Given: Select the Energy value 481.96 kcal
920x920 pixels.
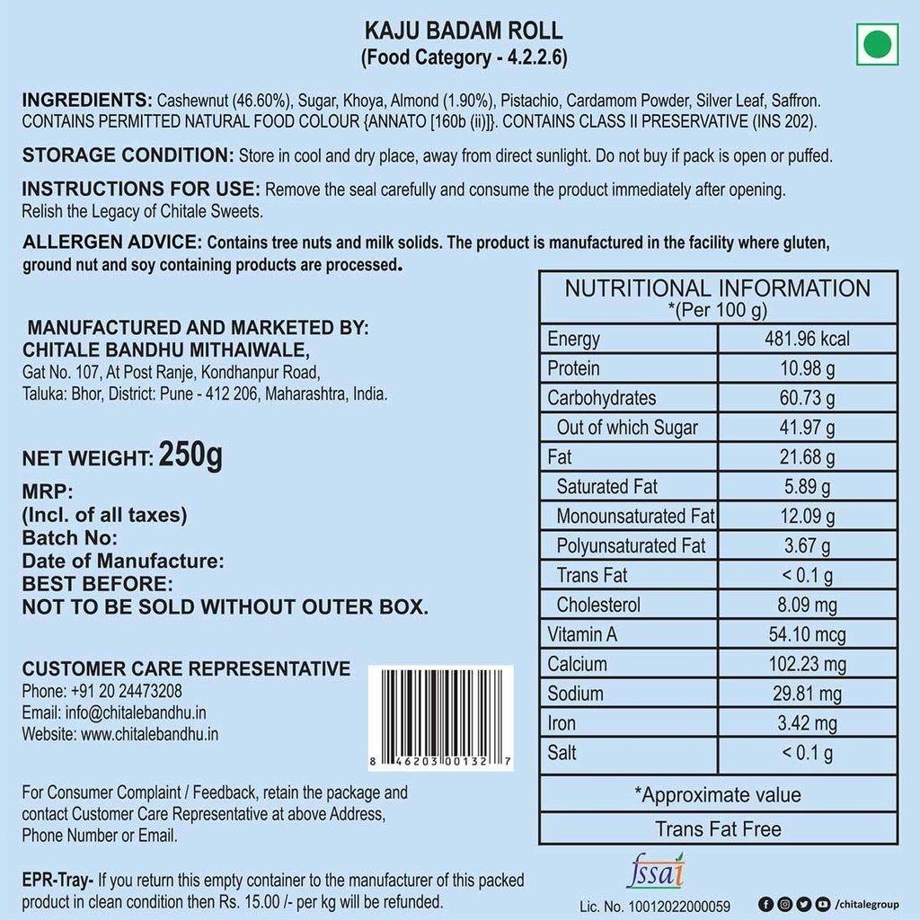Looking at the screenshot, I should (806, 339).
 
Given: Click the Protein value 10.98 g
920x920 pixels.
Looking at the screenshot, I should (806, 368).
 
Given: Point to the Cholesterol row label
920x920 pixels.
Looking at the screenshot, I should (598, 605).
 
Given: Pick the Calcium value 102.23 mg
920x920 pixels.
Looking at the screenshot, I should (806, 664).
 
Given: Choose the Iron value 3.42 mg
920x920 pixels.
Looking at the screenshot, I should (806, 723).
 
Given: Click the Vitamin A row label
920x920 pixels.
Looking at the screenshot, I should (582, 634).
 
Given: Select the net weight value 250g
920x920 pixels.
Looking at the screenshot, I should (190, 456).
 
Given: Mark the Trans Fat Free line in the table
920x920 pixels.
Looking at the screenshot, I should (718, 828).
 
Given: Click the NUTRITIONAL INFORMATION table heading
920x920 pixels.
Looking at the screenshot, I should (717, 288).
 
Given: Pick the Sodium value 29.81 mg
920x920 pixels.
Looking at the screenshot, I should (806, 694).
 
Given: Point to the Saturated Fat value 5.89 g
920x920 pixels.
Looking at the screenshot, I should (806, 487).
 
